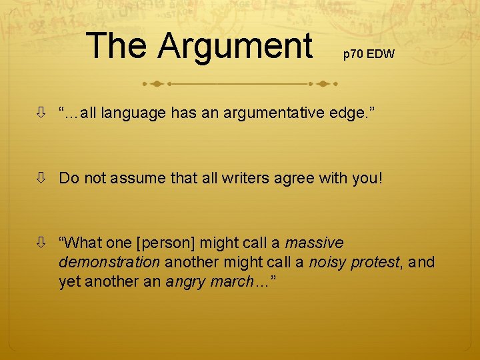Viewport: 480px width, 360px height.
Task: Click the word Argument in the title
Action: coord(235,46)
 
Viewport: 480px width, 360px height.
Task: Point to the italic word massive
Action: coord(314,243)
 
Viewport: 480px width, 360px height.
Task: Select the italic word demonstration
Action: coord(109,263)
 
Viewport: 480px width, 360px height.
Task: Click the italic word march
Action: coord(232,282)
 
